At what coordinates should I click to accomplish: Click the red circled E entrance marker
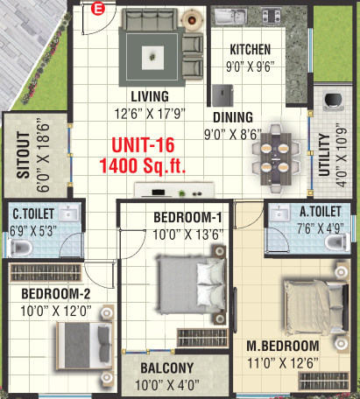pos(98,10)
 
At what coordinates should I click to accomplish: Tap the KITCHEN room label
pos(250,50)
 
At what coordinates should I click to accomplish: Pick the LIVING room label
pos(151,95)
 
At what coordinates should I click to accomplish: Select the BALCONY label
pos(165,368)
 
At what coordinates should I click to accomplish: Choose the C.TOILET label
pos(32,213)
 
